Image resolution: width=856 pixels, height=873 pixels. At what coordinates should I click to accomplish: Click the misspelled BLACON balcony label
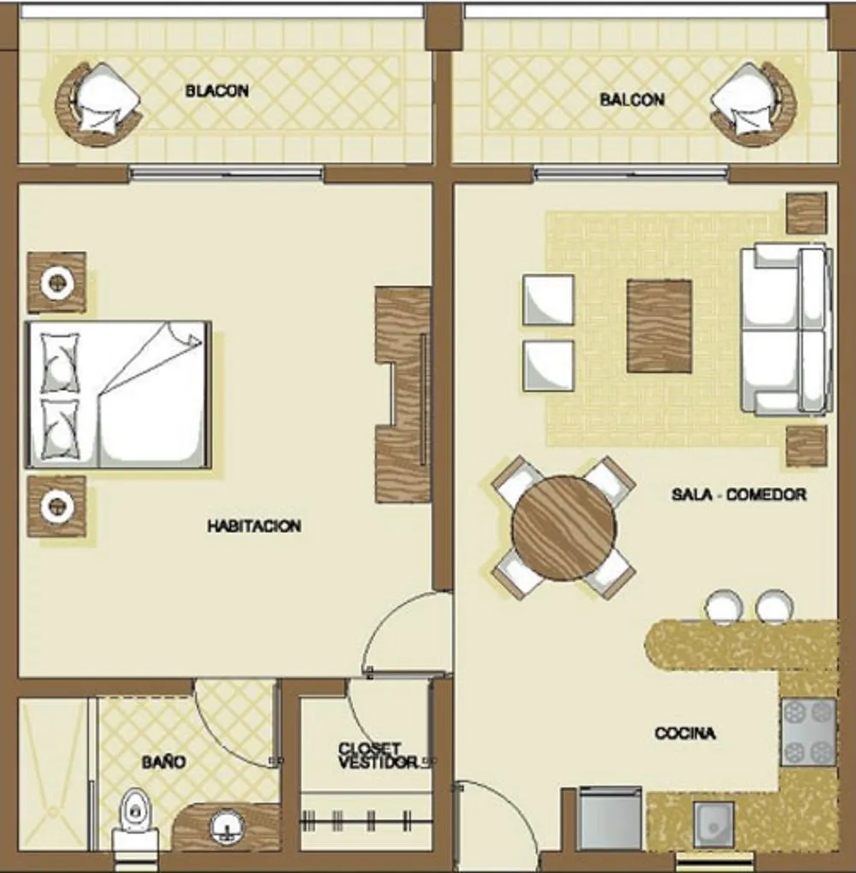click(x=217, y=91)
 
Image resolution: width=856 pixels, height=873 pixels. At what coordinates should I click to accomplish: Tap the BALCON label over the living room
click(x=632, y=99)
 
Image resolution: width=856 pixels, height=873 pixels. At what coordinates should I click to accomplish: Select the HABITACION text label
click(x=254, y=526)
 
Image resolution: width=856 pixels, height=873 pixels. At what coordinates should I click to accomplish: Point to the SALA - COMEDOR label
click(x=739, y=495)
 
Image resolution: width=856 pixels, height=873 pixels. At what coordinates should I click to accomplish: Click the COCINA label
click(x=685, y=733)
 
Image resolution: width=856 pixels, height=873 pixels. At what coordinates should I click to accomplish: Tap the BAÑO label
click(x=163, y=761)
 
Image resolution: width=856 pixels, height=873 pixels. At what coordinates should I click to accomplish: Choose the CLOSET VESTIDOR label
click(x=378, y=756)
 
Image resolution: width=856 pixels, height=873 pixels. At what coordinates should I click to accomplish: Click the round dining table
click(x=564, y=528)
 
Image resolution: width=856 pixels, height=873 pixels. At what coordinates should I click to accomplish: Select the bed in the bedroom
click(x=119, y=395)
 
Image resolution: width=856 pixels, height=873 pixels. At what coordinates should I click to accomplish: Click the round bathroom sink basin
click(x=227, y=827)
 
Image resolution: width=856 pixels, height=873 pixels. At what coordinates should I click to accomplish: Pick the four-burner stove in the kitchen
click(x=808, y=732)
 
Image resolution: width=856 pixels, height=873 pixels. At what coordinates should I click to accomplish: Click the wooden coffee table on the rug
click(x=659, y=326)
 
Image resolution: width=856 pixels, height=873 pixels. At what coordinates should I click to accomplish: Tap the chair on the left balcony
click(x=98, y=104)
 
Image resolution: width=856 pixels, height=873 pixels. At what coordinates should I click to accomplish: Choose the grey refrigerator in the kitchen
click(x=610, y=818)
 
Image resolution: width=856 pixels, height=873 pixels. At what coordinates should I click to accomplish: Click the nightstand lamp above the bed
click(x=56, y=282)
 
